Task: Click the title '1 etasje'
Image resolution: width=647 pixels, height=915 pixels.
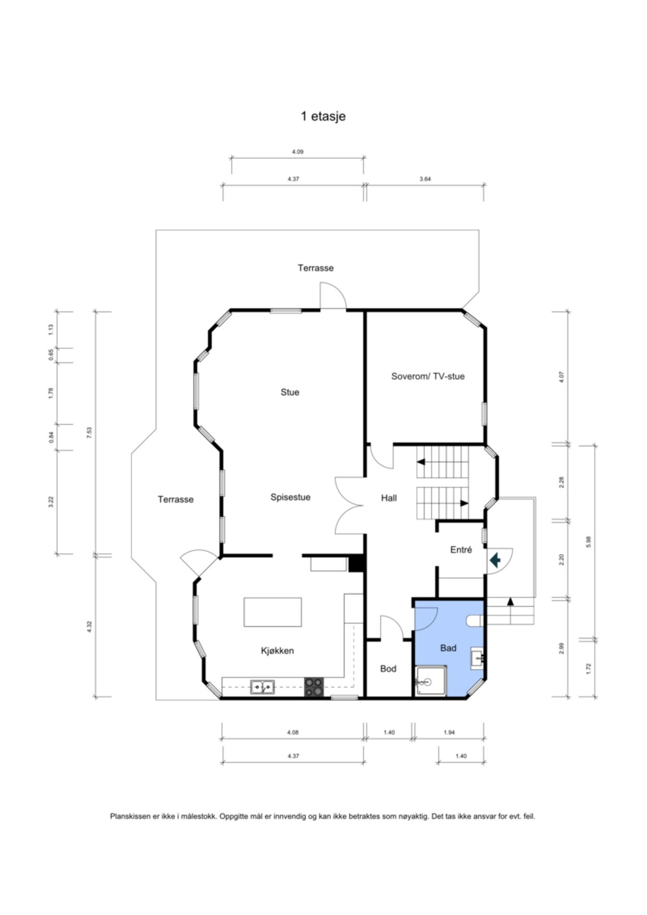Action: point(323,116)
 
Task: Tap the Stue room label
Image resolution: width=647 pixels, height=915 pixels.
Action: point(290,392)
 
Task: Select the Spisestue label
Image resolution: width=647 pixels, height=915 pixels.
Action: point(290,497)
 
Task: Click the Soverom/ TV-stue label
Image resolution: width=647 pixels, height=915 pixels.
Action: point(428,376)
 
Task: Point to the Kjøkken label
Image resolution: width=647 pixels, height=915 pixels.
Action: point(278,651)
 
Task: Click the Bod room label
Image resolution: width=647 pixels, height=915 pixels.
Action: point(388,668)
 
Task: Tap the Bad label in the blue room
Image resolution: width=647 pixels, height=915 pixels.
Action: point(448,648)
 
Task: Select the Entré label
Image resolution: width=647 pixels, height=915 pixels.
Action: point(461,550)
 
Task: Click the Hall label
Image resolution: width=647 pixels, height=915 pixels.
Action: point(389,498)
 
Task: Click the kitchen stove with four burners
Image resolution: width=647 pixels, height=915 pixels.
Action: point(314,687)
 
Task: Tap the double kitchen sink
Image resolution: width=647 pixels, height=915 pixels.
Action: point(262,687)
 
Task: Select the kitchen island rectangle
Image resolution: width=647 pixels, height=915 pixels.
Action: point(272,612)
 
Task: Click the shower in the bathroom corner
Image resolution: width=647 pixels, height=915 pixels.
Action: point(430,681)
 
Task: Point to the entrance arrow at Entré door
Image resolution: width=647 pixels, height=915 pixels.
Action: point(495,560)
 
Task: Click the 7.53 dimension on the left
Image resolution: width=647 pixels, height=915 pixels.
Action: point(89,432)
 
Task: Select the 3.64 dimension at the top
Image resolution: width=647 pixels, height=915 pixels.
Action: point(425,179)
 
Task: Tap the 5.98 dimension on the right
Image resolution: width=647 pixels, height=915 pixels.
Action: point(589,542)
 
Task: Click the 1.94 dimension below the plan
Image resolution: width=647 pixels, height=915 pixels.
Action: point(449,733)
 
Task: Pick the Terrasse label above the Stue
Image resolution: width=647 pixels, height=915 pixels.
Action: point(316,268)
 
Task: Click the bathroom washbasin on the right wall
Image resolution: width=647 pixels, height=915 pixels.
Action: point(477,658)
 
